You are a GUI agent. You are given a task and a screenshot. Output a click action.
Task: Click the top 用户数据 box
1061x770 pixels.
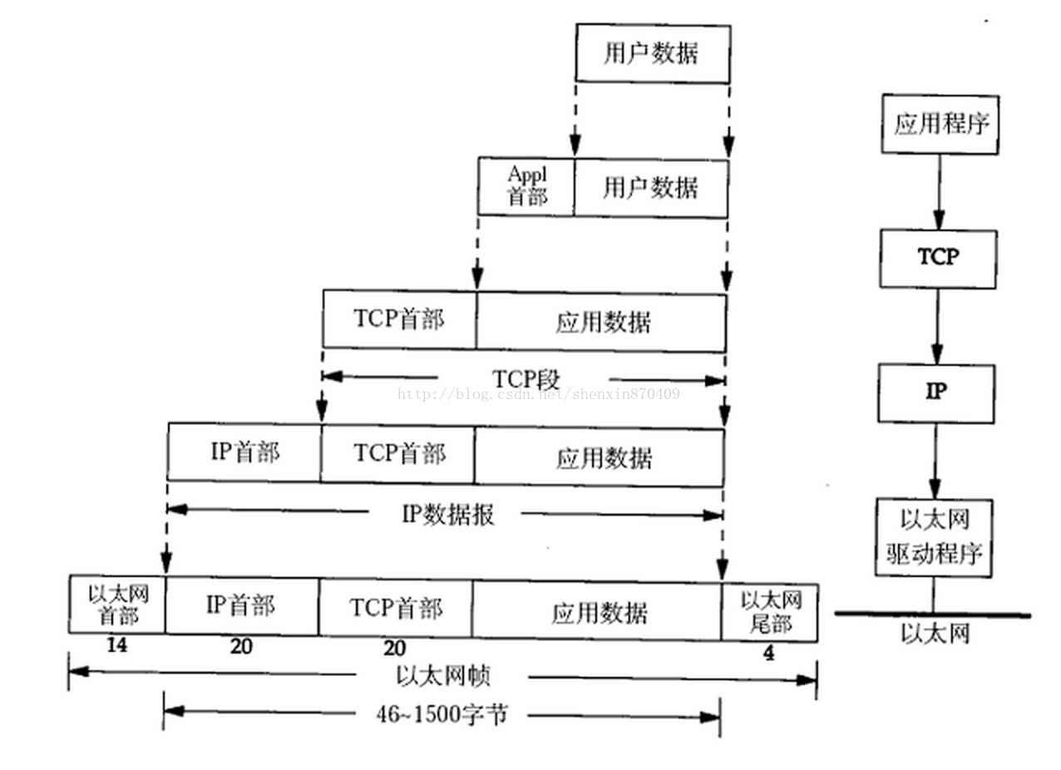click(x=653, y=53)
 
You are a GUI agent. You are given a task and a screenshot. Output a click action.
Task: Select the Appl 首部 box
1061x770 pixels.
click(x=526, y=186)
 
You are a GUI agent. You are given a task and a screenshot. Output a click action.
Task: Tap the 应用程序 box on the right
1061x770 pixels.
click(x=940, y=125)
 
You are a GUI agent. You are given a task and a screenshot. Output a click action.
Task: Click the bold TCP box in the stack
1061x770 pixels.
click(x=938, y=259)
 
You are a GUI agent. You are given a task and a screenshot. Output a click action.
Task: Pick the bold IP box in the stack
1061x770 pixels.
click(x=936, y=392)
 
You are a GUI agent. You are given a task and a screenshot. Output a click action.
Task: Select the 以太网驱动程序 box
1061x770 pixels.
click(x=935, y=537)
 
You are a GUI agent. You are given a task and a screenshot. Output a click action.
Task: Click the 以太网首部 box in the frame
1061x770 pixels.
click(x=117, y=605)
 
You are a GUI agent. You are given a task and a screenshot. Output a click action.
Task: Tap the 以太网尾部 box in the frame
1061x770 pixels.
click(x=770, y=612)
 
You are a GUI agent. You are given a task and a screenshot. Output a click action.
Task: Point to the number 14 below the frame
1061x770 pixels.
click(x=116, y=645)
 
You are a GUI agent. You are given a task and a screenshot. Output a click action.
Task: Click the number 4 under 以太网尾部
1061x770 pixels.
click(x=768, y=654)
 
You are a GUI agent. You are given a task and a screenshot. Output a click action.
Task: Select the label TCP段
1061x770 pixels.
click(x=526, y=379)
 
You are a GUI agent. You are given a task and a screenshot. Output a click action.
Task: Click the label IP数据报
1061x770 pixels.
click(x=448, y=515)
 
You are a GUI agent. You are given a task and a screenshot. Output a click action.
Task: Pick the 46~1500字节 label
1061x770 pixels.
click(x=441, y=714)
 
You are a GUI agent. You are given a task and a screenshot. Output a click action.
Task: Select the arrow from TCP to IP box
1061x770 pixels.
click(x=937, y=326)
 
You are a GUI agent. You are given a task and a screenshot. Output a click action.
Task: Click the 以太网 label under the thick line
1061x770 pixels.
click(x=935, y=635)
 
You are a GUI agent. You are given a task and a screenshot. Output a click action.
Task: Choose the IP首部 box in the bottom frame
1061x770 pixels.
click(x=241, y=606)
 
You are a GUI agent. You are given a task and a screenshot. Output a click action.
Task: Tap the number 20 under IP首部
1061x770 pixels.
click(x=241, y=647)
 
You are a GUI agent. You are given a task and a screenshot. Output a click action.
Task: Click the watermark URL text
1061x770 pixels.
click(x=538, y=394)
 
